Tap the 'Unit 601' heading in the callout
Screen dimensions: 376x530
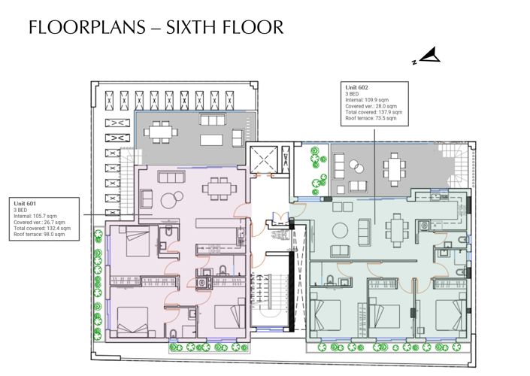26,203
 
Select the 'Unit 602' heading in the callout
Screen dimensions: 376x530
355,87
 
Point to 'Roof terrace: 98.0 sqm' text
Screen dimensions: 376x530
39,235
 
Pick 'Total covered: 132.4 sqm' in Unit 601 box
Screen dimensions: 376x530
41,229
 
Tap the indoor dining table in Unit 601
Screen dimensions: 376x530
219,186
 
